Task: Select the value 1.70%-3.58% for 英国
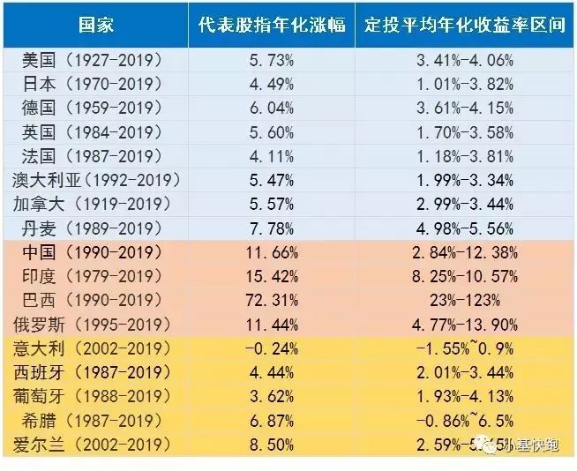click(x=465, y=133)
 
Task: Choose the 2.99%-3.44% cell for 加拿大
click(x=465, y=205)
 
